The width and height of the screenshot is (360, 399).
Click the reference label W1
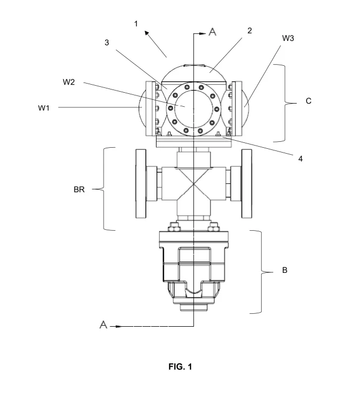pos(44,108)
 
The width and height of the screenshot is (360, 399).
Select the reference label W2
pos(69,82)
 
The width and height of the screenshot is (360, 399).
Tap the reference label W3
pos(288,38)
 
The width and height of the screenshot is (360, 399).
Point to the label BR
pos(79,190)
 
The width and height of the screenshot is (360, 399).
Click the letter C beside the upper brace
pos(308,101)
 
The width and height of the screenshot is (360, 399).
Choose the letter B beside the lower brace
pos(285,270)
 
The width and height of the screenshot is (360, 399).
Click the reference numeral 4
pos(301,159)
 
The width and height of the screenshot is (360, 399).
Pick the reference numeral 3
pos(107,43)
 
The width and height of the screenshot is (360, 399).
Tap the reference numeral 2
pos(249,31)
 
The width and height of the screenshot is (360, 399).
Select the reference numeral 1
pos(136,24)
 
